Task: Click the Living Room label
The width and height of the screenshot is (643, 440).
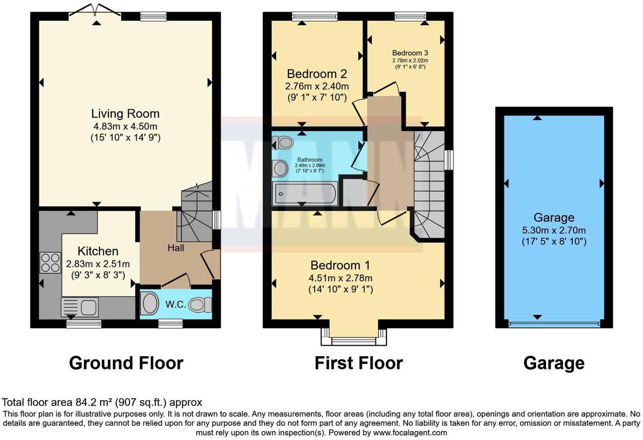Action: pyautogui.click(x=125, y=113)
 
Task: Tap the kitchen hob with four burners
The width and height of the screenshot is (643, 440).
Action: pyautogui.click(x=50, y=262)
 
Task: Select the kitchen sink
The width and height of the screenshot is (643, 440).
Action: pyautogui.click(x=80, y=307)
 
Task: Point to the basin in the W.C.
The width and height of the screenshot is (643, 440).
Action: pyautogui.click(x=148, y=304)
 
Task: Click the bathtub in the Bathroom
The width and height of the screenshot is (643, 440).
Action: pyautogui.click(x=305, y=194)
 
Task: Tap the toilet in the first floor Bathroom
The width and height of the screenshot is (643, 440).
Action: pyautogui.click(x=283, y=143)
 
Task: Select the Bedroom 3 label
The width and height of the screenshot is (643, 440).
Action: pyautogui.click(x=410, y=53)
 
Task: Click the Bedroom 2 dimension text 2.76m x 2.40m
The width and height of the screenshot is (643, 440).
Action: pyautogui.click(x=317, y=86)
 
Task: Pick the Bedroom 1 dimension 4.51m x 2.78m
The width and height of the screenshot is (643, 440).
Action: pyautogui.click(x=340, y=278)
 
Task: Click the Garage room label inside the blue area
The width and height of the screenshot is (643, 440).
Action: pyautogui.click(x=554, y=217)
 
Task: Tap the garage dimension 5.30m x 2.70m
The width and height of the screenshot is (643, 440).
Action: pyautogui.click(x=554, y=231)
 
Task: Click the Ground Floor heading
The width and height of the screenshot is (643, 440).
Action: pyautogui.click(x=126, y=363)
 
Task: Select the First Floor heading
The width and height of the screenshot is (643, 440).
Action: pyautogui.click(x=358, y=363)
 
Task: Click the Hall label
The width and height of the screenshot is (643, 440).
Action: pyautogui.click(x=176, y=248)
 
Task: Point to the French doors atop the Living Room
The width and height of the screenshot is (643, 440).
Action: pyautogui.click(x=95, y=9)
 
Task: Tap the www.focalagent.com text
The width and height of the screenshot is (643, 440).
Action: pyautogui.click(x=410, y=432)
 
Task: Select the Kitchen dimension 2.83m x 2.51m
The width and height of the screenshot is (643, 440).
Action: pyautogui.click(x=98, y=264)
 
